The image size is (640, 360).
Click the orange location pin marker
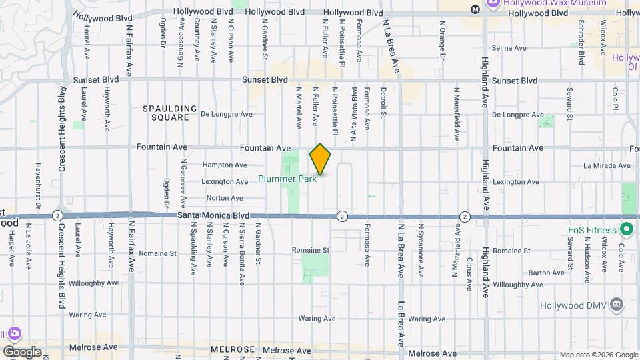321,159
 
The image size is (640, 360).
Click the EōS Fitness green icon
626,230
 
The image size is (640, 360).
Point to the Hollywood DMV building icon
617,305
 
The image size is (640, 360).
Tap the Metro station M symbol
475,9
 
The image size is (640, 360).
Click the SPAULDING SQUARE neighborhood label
170,113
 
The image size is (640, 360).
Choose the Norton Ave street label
225,198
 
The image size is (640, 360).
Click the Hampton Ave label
225,165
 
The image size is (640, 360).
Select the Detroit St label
383,102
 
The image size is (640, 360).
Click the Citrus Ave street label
469,275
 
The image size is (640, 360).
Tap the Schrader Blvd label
581,47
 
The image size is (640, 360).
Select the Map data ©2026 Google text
598,355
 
